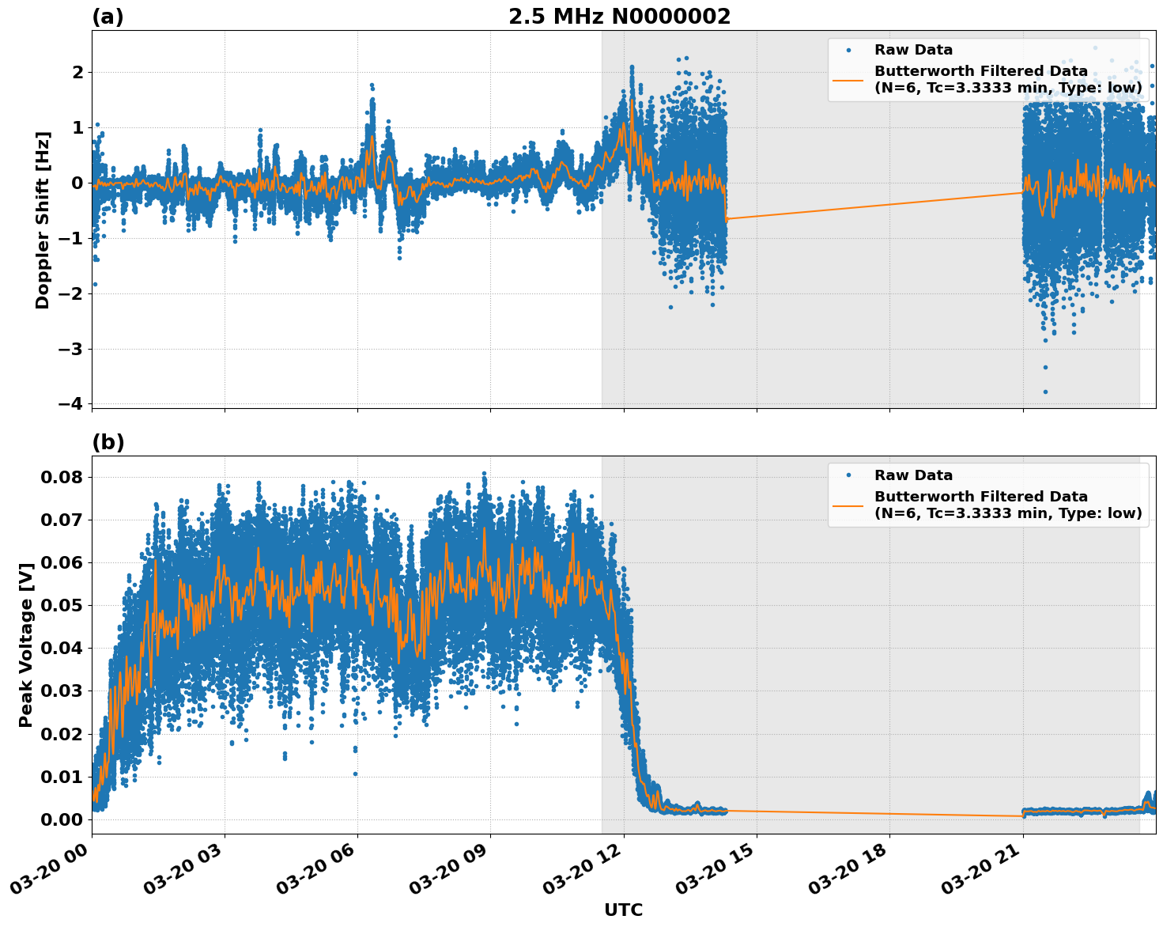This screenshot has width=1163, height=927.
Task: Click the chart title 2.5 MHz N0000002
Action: coord(619,17)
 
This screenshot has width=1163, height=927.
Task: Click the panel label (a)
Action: coord(108,17)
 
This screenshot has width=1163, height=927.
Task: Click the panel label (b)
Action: coord(108,442)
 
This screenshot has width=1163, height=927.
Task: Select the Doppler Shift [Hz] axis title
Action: coord(43,220)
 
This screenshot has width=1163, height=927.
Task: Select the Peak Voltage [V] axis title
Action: coord(26,645)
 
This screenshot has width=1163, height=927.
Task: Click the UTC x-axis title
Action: coord(623,910)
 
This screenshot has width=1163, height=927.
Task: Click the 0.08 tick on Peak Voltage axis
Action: coord(61,477)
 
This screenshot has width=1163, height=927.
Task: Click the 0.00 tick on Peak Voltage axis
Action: coord(61,819)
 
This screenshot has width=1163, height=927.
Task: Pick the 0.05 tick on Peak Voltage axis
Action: coord(61,606)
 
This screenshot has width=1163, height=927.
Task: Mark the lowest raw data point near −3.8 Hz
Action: coord(1045,392)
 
